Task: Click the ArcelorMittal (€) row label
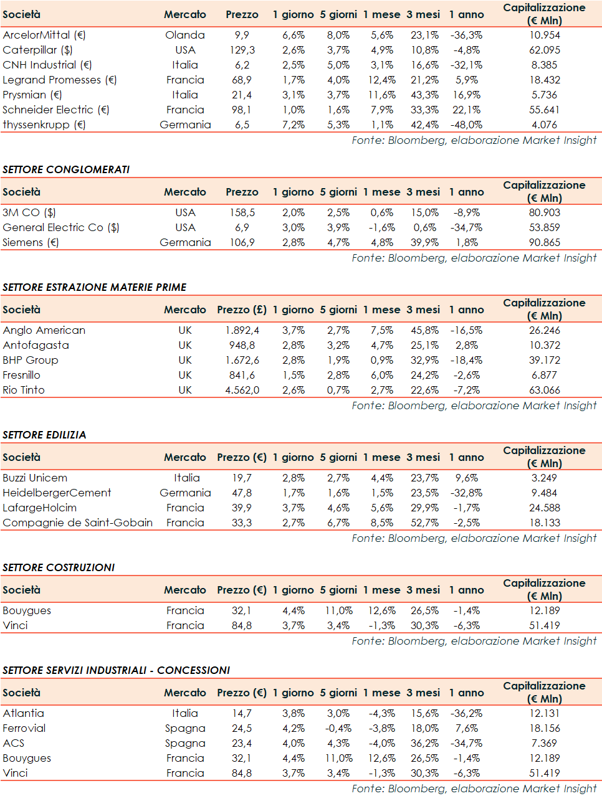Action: (44, 35)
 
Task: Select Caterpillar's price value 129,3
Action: (242, 50)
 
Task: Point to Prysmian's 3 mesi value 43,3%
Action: (424, 95)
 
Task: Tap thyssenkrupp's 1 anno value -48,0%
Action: (466, 125)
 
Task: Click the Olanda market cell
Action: (185, 35)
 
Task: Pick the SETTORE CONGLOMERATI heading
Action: (66, 169)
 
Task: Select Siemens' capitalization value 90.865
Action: (544, 242)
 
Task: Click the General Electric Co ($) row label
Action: (60, 227)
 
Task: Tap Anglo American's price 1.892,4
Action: (242, 330)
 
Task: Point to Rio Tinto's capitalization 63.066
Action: (544, 390)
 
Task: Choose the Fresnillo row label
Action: (21, 375)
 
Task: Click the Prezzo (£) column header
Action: (242, 310)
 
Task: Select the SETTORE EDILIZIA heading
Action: (44, 435)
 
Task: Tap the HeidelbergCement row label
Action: (57, 493)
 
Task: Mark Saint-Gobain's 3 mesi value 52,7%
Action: (424, 523)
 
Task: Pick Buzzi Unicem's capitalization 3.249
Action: (544, 478)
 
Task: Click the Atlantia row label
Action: (23, 713)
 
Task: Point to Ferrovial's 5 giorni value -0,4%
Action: (338, 728)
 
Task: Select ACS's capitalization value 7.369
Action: (544, 743)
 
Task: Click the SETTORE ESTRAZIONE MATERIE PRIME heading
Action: (95, 287)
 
